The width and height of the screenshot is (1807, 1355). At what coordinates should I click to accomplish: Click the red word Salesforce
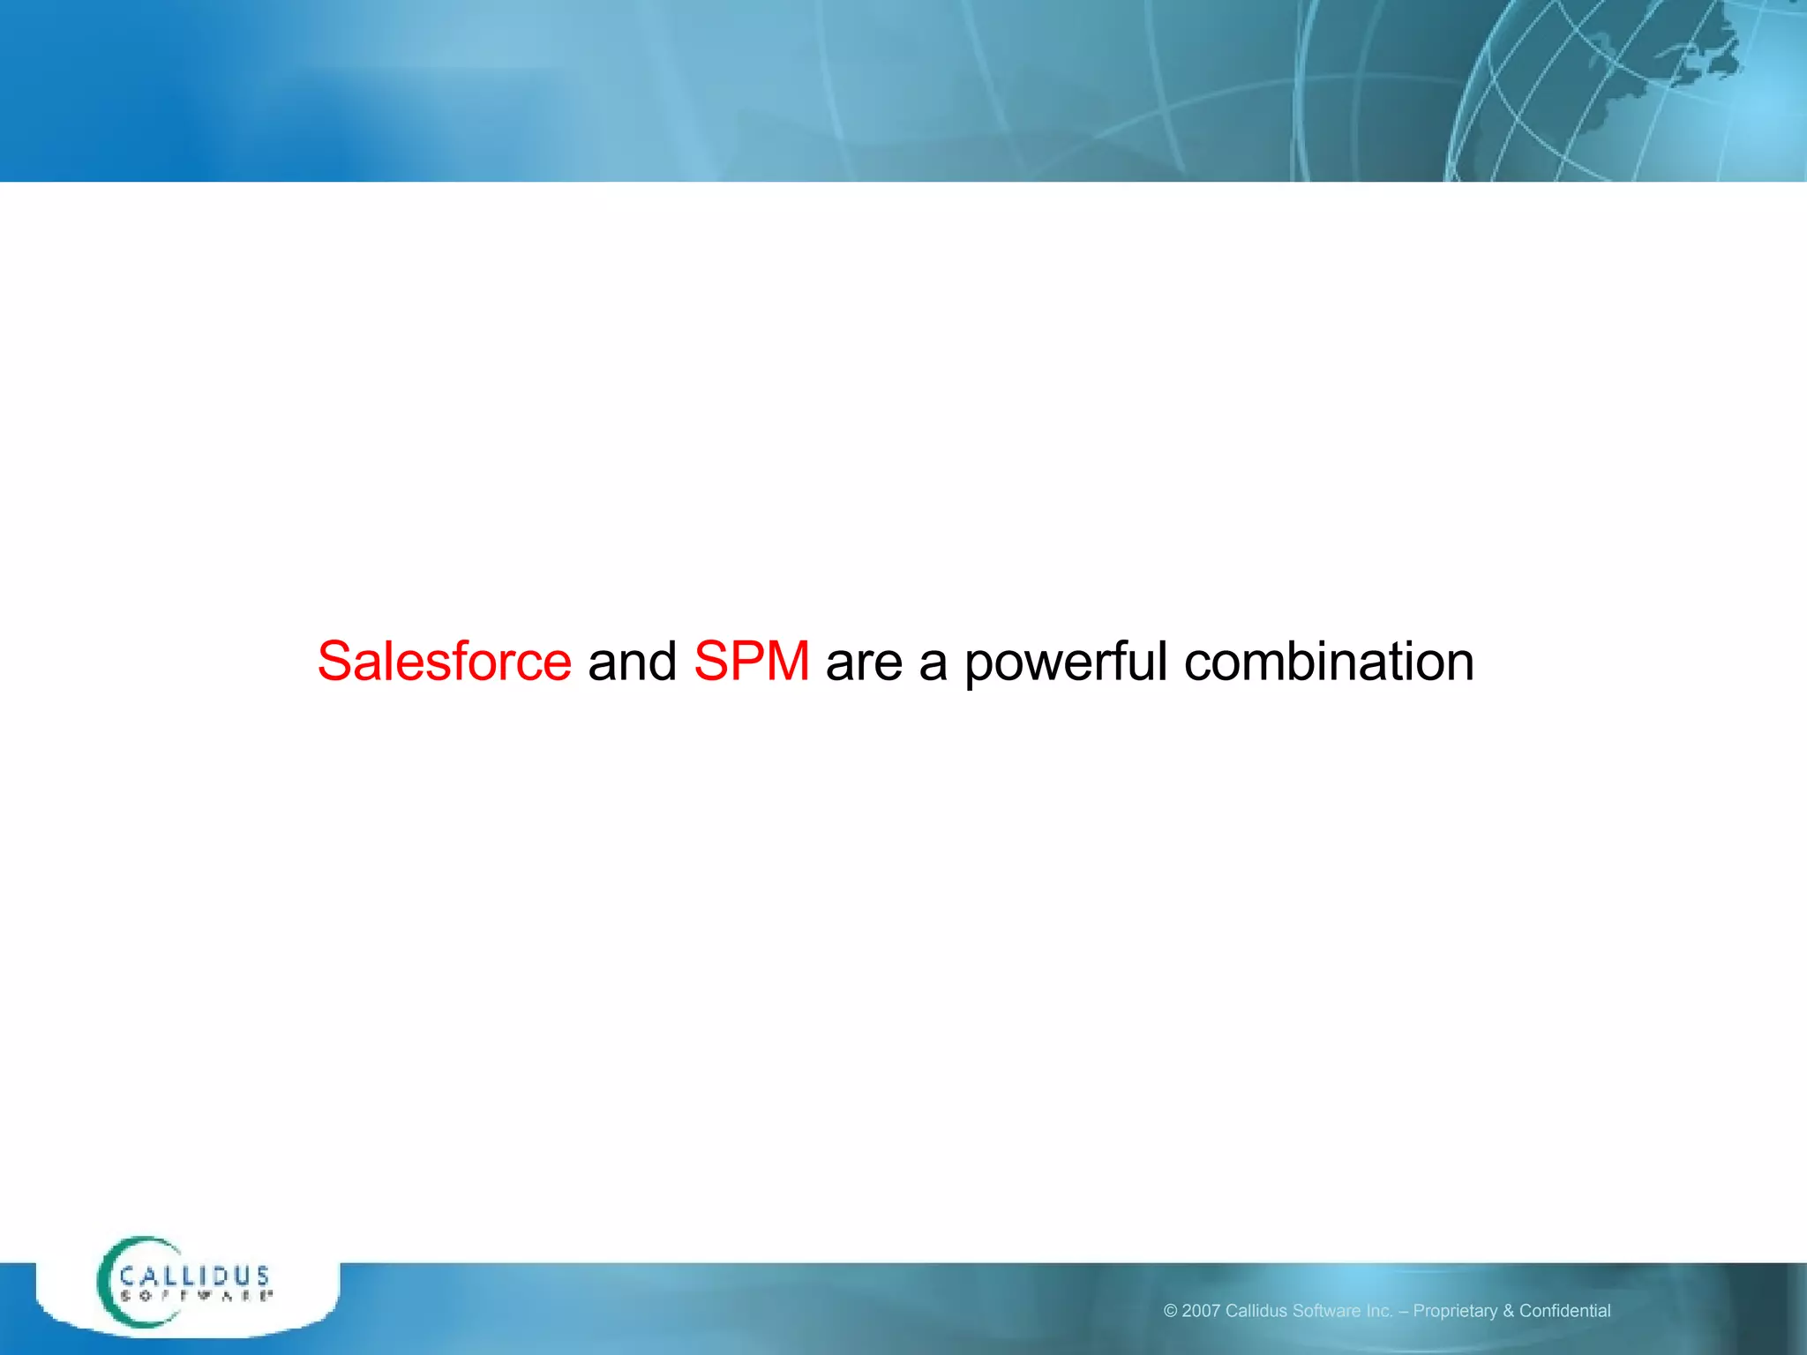[x=444, y=662]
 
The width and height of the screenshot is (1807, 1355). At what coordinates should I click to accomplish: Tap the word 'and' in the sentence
[x=632, y=662]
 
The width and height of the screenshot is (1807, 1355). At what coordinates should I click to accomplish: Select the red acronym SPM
[x=751, y=662]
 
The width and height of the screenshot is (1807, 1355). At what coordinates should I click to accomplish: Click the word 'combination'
[x=1328, y=662]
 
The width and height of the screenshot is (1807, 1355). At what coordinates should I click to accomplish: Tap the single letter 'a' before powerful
[x=933, y=665]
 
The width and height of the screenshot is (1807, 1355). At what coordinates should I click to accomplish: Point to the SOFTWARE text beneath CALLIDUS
[x=195, y=1296]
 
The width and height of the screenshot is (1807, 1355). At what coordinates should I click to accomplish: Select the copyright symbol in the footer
[x=1170, y=1311]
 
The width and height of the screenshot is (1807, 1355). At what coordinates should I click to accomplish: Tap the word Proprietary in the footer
[x=1455, y=1311]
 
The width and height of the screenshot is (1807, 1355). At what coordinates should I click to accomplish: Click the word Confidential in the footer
[x=1564, y=1311]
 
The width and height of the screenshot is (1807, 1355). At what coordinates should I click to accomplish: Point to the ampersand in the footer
[x=1508, y=1311]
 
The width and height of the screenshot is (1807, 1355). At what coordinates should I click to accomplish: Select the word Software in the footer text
[x=1326, y=1311]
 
